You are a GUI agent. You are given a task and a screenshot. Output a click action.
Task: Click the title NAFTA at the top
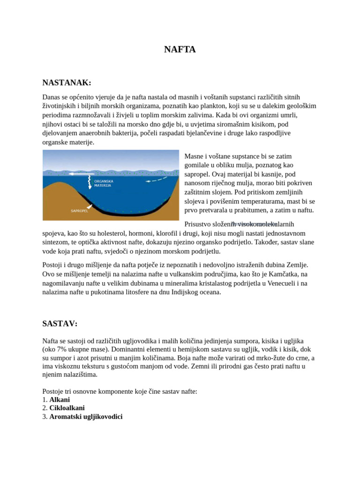[180, 49]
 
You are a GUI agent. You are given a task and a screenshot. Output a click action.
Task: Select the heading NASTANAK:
[67, 83]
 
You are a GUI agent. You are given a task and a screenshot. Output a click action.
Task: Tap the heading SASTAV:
[60, 323]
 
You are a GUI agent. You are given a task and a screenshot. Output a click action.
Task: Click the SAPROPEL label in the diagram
[79, 211]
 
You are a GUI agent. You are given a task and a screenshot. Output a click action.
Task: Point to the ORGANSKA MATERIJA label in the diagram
[104, 183]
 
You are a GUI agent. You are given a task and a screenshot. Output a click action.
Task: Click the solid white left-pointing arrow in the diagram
[79, 173]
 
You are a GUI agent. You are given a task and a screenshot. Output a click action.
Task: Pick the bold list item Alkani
[60, 399]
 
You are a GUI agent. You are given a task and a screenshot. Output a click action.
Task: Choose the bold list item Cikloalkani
[67, 408]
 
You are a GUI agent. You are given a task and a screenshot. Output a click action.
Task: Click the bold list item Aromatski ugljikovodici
[86, 416]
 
